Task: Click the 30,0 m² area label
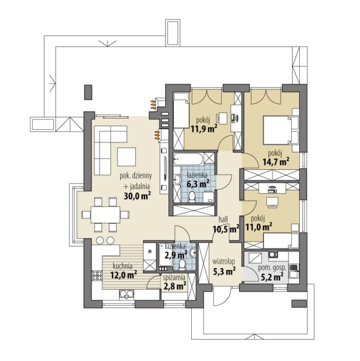click(137, 196)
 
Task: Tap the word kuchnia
click(122, 266)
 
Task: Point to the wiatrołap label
click(224, 262)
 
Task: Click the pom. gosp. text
click(272, 268)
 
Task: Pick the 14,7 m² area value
click(276, 162)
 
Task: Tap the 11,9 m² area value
click(204, 129)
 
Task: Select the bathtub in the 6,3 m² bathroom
click(188, 159)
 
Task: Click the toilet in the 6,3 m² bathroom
click(192, 197)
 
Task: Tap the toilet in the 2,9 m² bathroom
click(182, 264)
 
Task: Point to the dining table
click(105, 215)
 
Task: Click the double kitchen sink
click(126, 295)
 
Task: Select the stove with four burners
click(97, 276)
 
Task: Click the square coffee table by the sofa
click(127, 157)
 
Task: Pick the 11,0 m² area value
click(259, 227)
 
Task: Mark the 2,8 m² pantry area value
click(175, 286)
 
